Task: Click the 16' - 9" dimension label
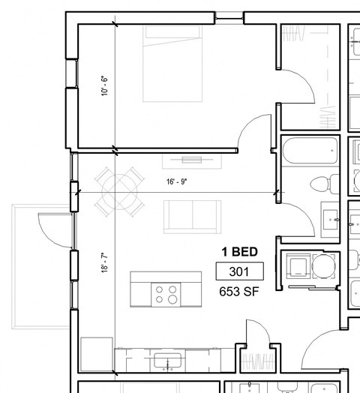177,181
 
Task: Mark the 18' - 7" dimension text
105,265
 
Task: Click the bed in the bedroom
172,64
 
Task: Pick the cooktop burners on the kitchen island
167,294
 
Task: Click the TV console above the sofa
192,160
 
